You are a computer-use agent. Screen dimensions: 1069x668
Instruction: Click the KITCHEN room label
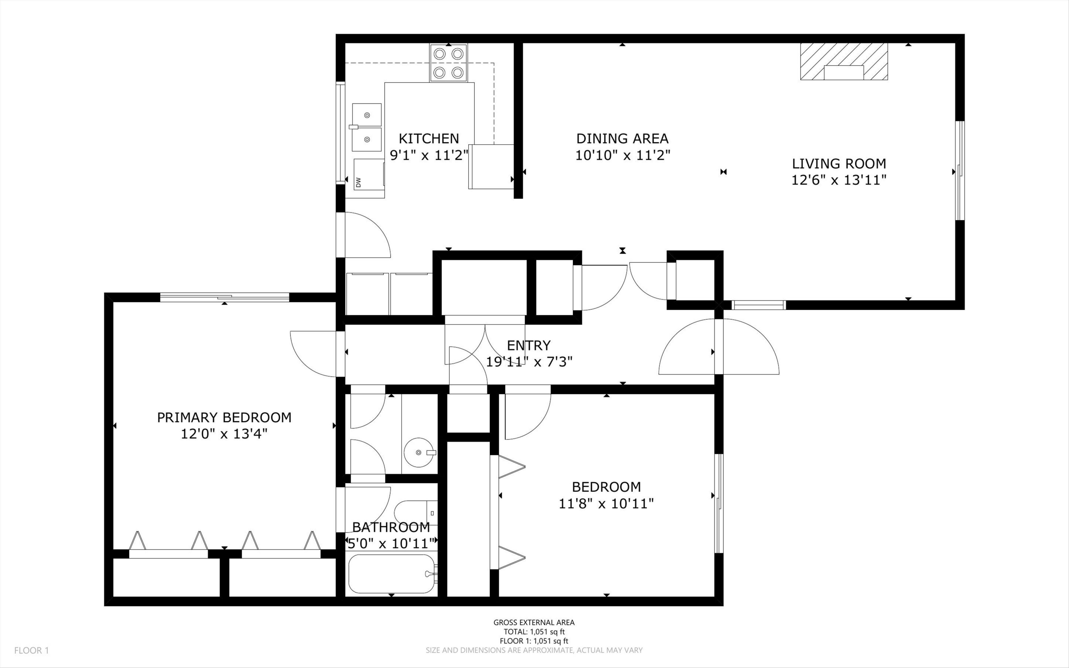click(429, 139)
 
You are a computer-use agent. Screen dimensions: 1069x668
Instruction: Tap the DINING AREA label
click(622, 139)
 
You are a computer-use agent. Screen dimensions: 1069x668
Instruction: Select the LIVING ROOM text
click(839, 164)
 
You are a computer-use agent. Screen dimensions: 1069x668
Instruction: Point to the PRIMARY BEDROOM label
click(224, 417)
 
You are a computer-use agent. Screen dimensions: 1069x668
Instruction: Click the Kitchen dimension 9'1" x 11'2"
click(429, 155)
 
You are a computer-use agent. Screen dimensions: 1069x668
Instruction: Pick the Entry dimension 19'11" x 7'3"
click(529, 362)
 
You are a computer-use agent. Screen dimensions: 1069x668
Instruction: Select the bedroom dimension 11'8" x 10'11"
click(606, 503)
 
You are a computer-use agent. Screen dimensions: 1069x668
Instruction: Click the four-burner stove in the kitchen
click(449, 63)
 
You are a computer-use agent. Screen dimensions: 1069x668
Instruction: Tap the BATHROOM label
click(391, 527)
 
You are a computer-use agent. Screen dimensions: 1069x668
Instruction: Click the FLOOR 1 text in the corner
click(31, 650)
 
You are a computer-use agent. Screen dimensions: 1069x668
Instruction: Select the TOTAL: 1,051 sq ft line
click(534, 632)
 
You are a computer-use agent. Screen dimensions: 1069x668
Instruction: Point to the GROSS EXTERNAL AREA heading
click(534, 622)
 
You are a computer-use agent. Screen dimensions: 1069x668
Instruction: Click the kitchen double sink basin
click(367, 127)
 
